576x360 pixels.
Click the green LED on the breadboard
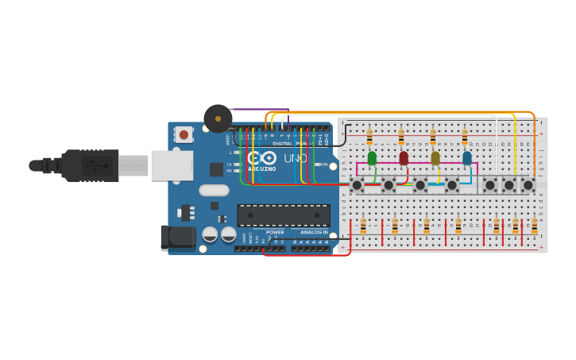point(372,158)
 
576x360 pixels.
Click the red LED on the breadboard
point(404,158)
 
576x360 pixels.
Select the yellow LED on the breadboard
point(435,158)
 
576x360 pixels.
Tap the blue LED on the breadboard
point(466,158)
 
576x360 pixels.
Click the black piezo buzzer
point(218,119)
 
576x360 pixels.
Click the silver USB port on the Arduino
point(172,166)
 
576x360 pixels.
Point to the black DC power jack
point(177,237)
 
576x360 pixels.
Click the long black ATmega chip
point(284,215)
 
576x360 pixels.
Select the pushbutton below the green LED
point(358,185)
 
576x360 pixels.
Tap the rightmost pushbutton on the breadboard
point(528,185)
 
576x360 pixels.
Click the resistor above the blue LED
point(465,138)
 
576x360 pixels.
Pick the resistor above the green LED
point(369,138)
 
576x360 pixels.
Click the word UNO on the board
point(296,158)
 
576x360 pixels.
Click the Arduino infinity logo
point(264,158)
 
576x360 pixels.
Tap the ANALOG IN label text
point(314,232)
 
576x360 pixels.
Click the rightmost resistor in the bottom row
point(534,227)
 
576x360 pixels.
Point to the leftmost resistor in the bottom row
point(363,227)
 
